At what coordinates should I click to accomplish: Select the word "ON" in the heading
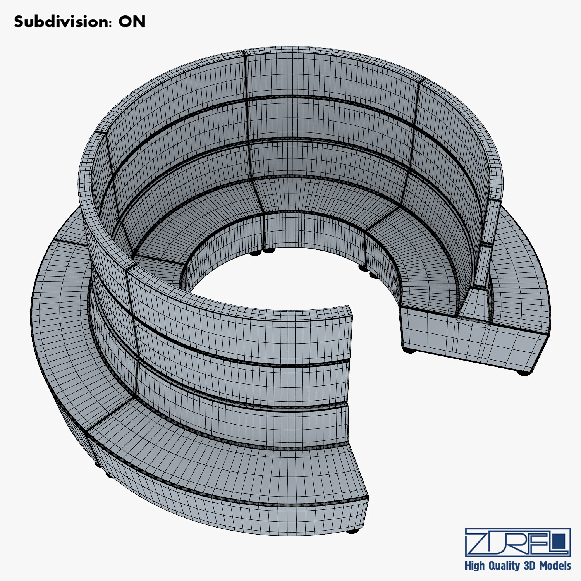coord(132,22)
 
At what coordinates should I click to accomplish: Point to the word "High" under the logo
coord(474,566)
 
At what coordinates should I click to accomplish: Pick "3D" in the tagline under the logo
coord(529,566)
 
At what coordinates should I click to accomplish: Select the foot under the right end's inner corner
coord(409,350)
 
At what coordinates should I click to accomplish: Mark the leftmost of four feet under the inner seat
coord(255,253)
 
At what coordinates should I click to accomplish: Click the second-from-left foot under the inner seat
coord(269,251)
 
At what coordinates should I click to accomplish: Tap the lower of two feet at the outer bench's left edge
coord(110,474)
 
